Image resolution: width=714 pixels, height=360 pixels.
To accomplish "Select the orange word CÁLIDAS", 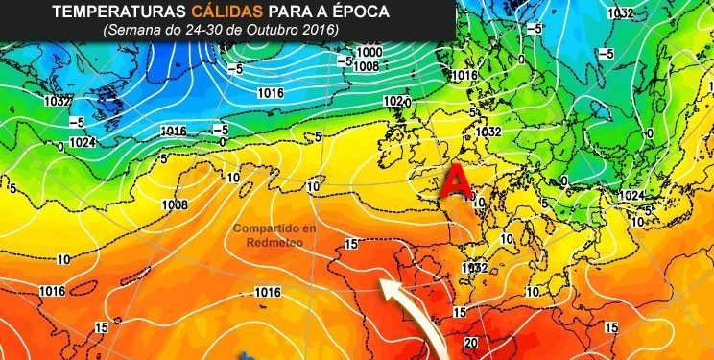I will (227, 12).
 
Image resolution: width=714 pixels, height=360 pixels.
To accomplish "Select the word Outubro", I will (272, 31).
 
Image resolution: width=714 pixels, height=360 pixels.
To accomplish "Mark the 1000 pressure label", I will (369, 52).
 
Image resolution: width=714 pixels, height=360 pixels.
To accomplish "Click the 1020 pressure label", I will (393, 101).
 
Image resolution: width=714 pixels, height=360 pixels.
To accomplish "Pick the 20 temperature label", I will (471, 343).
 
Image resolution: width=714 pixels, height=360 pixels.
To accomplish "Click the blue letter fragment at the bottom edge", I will (248, 355).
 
